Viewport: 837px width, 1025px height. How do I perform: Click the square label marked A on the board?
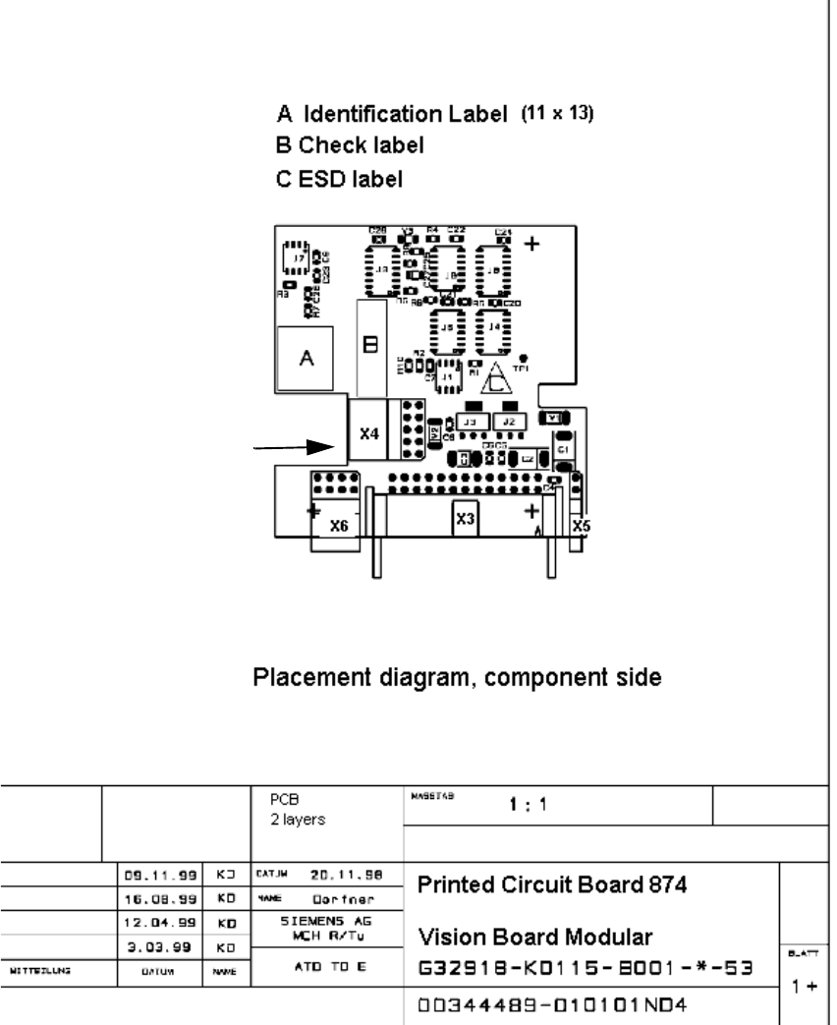pos(306,360)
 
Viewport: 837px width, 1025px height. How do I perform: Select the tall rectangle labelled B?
pos(370,345)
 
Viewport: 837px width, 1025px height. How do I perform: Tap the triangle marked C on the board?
pos(498,378)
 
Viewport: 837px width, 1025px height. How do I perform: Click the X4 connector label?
pos(368,431)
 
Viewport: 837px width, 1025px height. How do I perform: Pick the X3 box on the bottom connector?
pos(466,516)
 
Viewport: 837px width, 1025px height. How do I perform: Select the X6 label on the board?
pos(339,526)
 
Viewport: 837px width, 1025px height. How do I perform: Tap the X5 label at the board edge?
pos(581,526)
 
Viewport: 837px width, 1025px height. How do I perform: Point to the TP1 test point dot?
pos(524,358)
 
